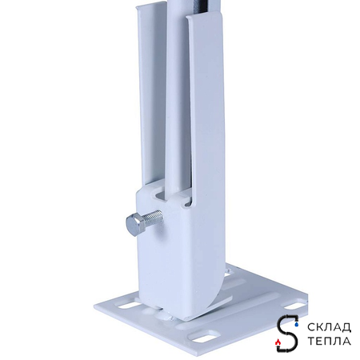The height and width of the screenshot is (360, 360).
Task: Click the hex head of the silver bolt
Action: click(134, 225)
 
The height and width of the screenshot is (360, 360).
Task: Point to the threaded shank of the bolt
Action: click(154, 218)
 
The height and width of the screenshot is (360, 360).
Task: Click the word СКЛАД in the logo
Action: click(329, 327)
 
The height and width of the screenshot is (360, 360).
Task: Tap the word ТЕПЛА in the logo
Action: click(329, 341)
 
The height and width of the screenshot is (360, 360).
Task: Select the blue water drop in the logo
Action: click(296, 324)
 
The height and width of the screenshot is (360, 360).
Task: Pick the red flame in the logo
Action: click(278, 342)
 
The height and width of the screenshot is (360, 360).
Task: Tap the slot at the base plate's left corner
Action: click(126, 306)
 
